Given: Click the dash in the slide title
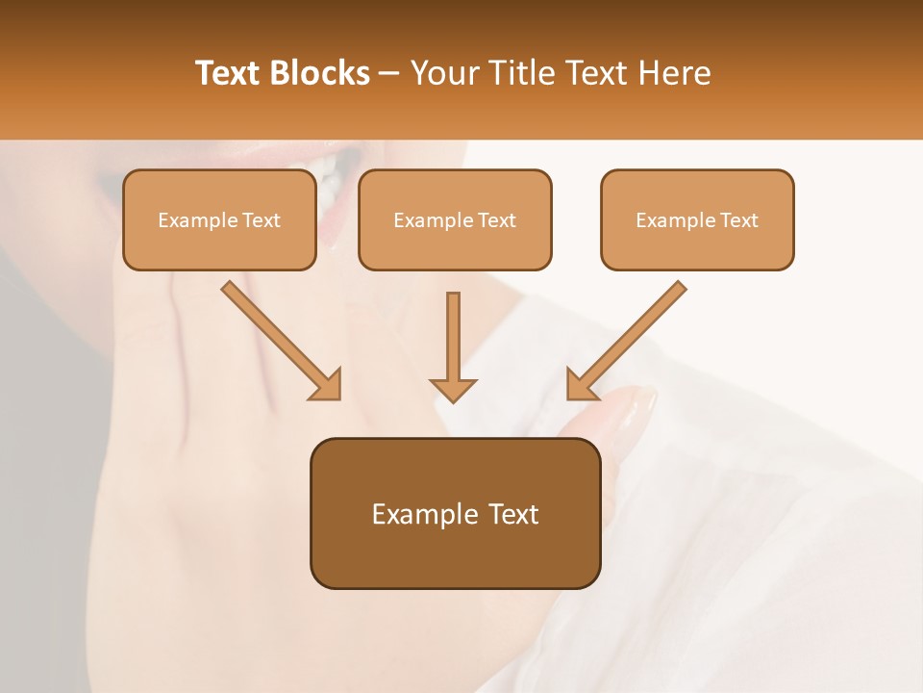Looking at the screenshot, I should click(389, 74).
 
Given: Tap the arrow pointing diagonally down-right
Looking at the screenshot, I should click(283, 342).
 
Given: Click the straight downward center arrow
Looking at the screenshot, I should click(453, 346).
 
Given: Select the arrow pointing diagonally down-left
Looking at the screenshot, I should click(626, 342).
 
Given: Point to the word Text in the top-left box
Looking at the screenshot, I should click(261, 220).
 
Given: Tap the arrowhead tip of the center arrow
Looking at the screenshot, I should click(453, 399).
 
